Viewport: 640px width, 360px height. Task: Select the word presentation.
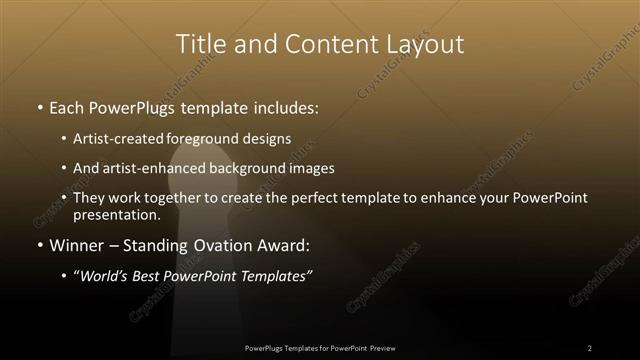pos(116,214)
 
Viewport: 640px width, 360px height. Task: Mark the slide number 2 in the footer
pos(589,348)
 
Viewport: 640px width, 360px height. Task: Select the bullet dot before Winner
pos(39,244)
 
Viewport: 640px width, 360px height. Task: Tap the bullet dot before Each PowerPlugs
pos(39,107)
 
